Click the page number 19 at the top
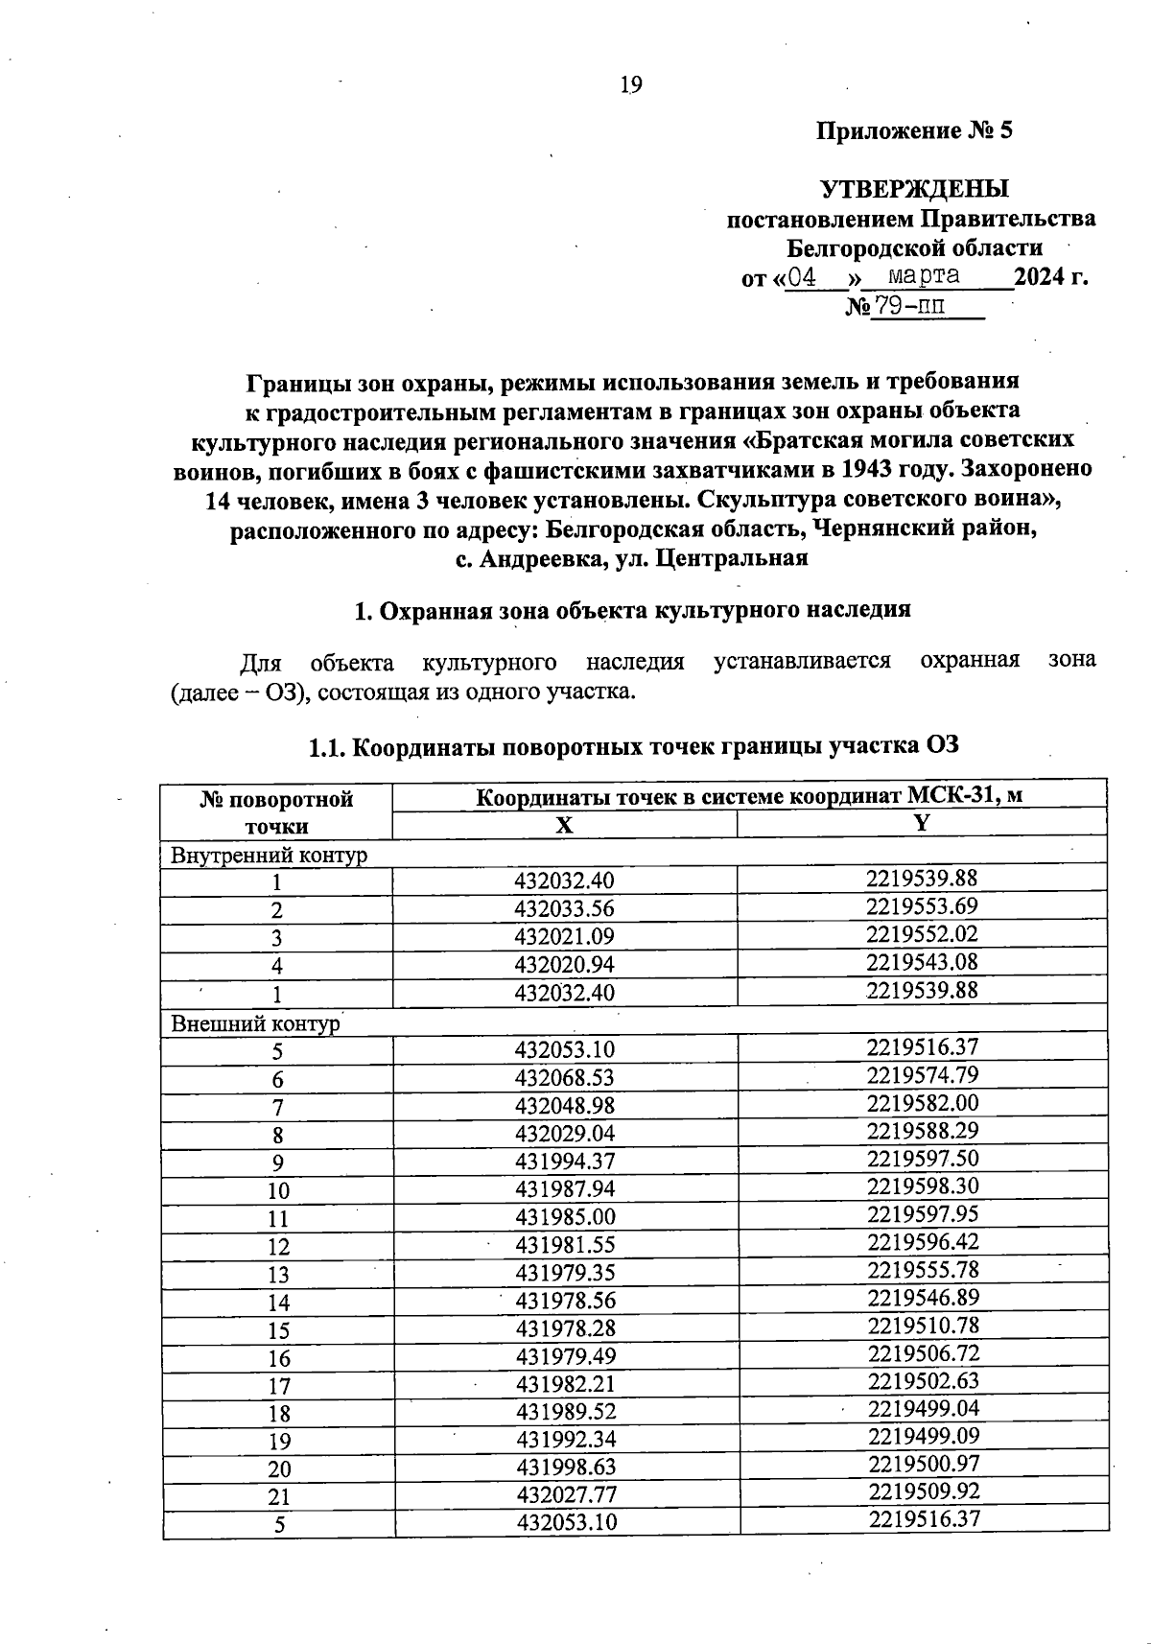[630, 85]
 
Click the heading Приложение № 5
[913, 130]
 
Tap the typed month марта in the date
[924, 276]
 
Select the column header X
[565, 826]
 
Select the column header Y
[922, 823]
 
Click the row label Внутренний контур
[269, 855]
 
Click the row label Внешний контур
[255, 1023]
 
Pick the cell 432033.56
[564, 909]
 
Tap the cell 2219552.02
[922, 934]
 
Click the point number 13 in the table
[278, 1275]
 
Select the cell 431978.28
[565, 1328]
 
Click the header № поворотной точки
[276, 811]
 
